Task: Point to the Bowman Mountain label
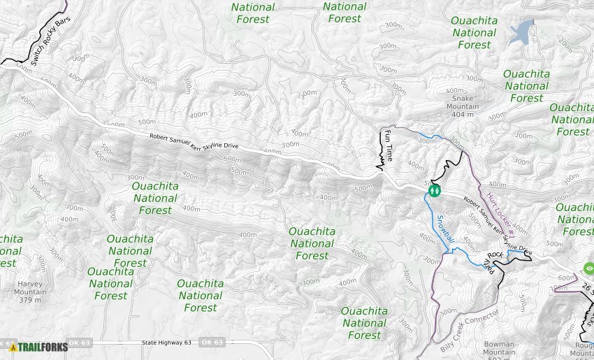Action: pyautogui.click(x=499, y=348)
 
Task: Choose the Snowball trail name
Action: pyautogui.click(x=446, y=229)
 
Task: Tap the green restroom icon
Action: pyautogui.click(x=435, y=189)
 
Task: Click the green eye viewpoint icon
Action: pyautogui.click(x=588, y=268)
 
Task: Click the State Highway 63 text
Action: pyautogui.click(x=166, y=343)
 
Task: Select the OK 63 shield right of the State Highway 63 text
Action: pyautogui.click(x=212, y=343)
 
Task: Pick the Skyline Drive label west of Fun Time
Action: pyautogui.click(x=194, y=141)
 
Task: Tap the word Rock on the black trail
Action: pyautogui.click(x=495, y=254)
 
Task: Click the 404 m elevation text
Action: pyautogui.click(x=458, y=114)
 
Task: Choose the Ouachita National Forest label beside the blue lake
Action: pyautogui.click(x=475, y=33)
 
